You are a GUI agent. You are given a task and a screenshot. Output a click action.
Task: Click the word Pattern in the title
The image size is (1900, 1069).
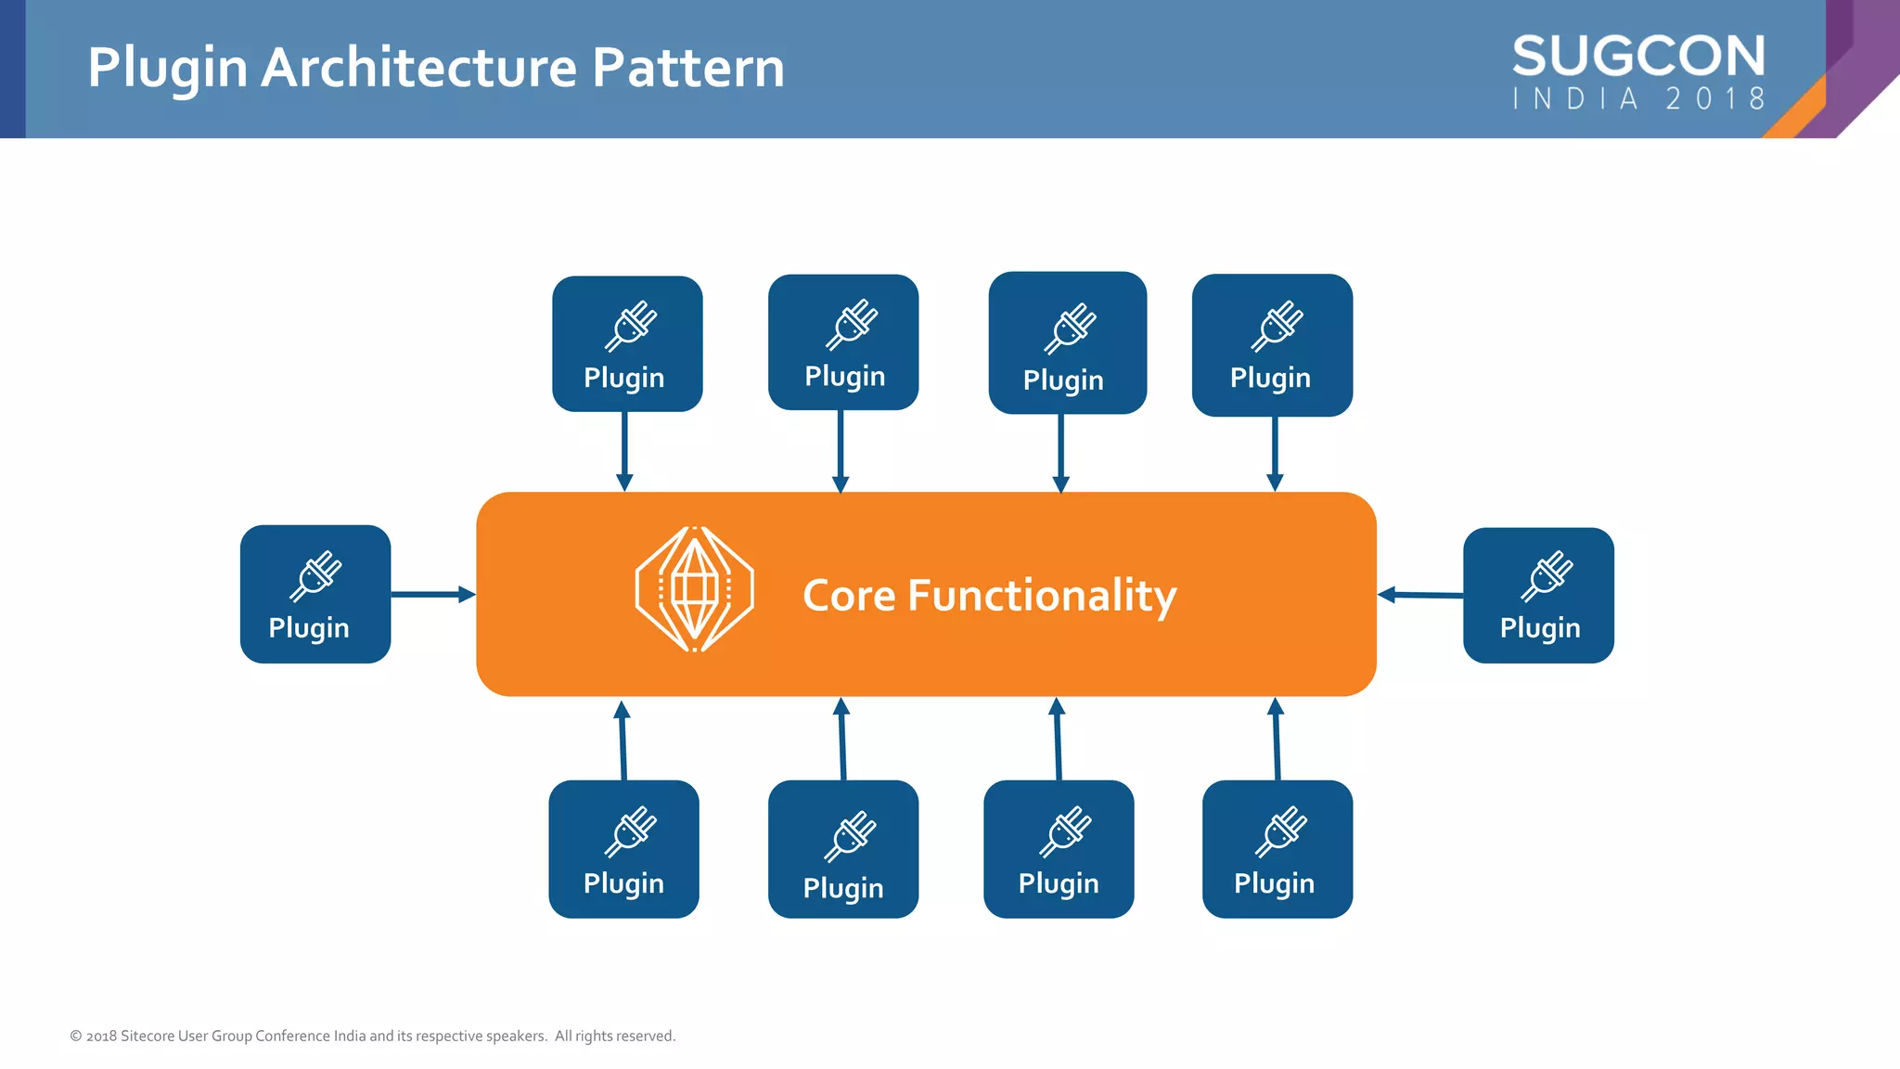pos(687,68)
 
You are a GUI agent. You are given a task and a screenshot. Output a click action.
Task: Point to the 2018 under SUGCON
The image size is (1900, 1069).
pos(1715,98)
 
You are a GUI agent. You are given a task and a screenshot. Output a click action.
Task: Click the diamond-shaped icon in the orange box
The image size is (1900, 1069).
pos(694,589)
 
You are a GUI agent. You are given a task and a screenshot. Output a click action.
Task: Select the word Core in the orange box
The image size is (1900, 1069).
pos(849,595)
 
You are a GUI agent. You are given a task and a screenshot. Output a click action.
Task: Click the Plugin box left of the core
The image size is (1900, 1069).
pos(315,594)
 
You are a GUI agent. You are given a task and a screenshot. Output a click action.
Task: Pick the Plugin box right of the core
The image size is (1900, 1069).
pos(1538,595)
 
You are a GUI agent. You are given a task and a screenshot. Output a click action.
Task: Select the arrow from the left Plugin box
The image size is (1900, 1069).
pos(432,594)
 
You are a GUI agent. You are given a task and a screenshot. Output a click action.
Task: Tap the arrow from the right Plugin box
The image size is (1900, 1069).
pos(1420,595)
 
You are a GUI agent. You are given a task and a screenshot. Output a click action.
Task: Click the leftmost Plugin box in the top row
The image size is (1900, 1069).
pos(627,343)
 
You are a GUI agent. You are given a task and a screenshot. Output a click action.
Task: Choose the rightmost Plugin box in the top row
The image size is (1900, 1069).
pos(1272,344)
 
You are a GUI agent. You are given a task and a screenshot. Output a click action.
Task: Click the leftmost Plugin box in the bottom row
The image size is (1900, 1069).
pos(623,848)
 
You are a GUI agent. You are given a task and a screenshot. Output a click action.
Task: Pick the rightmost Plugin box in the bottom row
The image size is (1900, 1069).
pos(1277,848)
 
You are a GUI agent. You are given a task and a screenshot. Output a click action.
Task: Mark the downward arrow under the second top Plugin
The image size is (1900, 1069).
pos(841,451)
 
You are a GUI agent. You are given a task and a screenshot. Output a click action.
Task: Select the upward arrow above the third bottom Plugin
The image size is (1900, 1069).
pos(1058,739)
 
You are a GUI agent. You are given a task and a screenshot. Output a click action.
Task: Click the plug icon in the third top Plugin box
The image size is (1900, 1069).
pos(1070,328)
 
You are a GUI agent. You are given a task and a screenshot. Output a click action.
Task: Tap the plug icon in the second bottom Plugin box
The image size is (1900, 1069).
pos(850,835)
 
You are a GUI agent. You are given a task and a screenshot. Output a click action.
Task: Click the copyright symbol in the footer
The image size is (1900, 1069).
pos(76,1036)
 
